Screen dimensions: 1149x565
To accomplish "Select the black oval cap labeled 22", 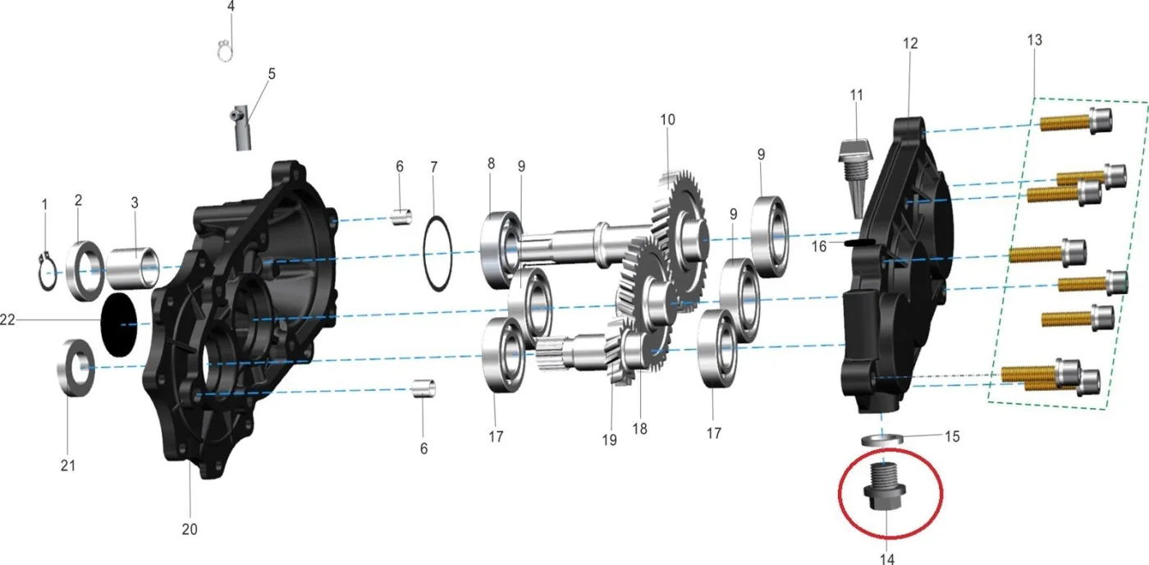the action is pos(120,325).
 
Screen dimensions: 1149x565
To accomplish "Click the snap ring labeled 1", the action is pos(47,272).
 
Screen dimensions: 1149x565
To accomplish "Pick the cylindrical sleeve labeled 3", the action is pos(133,268).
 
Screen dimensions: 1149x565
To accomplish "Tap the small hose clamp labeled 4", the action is pos(225,50).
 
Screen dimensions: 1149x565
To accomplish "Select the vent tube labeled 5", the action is pos(241,128).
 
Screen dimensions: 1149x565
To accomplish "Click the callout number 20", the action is pos(190,529).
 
